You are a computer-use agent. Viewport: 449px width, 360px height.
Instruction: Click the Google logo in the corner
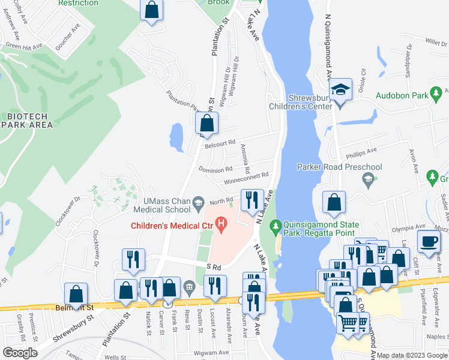pos(20,353)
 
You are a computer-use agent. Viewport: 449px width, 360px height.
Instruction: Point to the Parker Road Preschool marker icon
pos(367,178)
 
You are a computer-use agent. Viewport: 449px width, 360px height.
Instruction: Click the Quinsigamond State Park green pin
pos(276,226)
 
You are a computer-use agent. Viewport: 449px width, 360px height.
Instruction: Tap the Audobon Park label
pos(402,95)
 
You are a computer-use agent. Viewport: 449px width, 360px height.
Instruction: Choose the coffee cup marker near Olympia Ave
pos(429,241)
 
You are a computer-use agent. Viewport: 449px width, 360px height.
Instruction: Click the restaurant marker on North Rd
pos(252,200)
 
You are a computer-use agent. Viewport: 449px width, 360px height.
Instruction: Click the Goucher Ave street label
pos(67,37)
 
